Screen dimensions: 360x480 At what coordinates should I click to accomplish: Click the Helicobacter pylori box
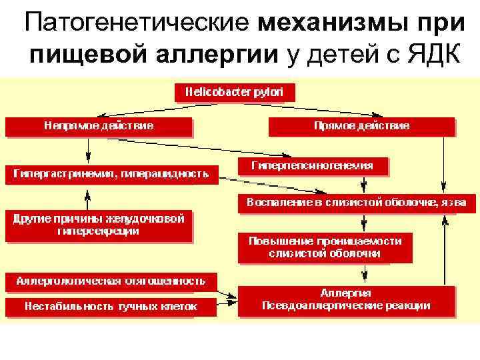pos(234,92)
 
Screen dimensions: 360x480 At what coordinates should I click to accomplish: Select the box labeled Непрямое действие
pos(99,125)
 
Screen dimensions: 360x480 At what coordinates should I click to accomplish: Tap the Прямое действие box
pos(361,125)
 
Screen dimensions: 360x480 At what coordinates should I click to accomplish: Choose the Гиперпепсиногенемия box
pos(312,165)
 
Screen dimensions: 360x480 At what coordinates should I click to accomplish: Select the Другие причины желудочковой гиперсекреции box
pos(98,225)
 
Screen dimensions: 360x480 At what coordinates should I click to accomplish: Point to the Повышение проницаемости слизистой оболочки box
pos(325,247)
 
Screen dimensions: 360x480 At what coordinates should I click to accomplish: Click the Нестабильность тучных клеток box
pos(111,307)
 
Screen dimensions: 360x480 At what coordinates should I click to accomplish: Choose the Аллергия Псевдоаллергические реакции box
pos(346,299)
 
